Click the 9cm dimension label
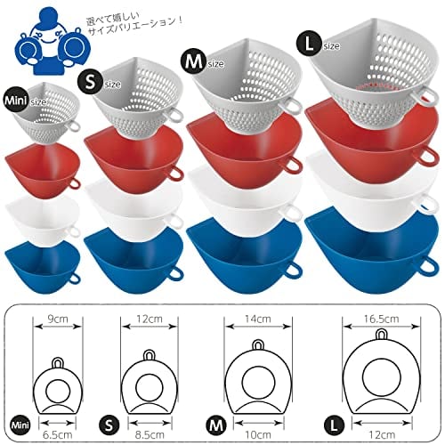(58, 319)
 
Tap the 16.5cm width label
(381, 319)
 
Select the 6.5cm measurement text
(58, 435)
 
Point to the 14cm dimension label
(258, 319)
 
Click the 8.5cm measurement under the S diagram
(150, 435)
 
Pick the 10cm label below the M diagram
(258, 435)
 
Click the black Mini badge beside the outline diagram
(20, 425)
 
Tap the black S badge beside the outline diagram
(109, 425)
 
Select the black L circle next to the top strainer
(309, 44)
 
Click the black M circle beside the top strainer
(194, 62)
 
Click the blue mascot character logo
(50, 44)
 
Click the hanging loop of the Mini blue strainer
(74, 278)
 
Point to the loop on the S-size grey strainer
(175, 115)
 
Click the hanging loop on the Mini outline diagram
(58, 363)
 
